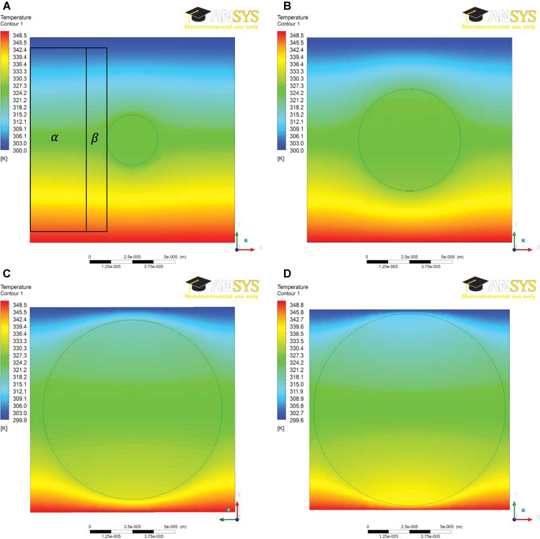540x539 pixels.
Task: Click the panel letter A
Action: click(x=5, y=6)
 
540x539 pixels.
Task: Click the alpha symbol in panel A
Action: click(x=55, y=138)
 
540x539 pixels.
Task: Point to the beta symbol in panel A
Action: click(x=94, y=138)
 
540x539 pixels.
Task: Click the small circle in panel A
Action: click(x=132, y=140)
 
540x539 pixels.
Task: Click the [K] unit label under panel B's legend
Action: click(x=280, y=159)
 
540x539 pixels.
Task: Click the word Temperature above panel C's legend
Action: click(x=16, y=287)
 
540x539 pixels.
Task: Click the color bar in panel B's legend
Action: click(x=281, y=90)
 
